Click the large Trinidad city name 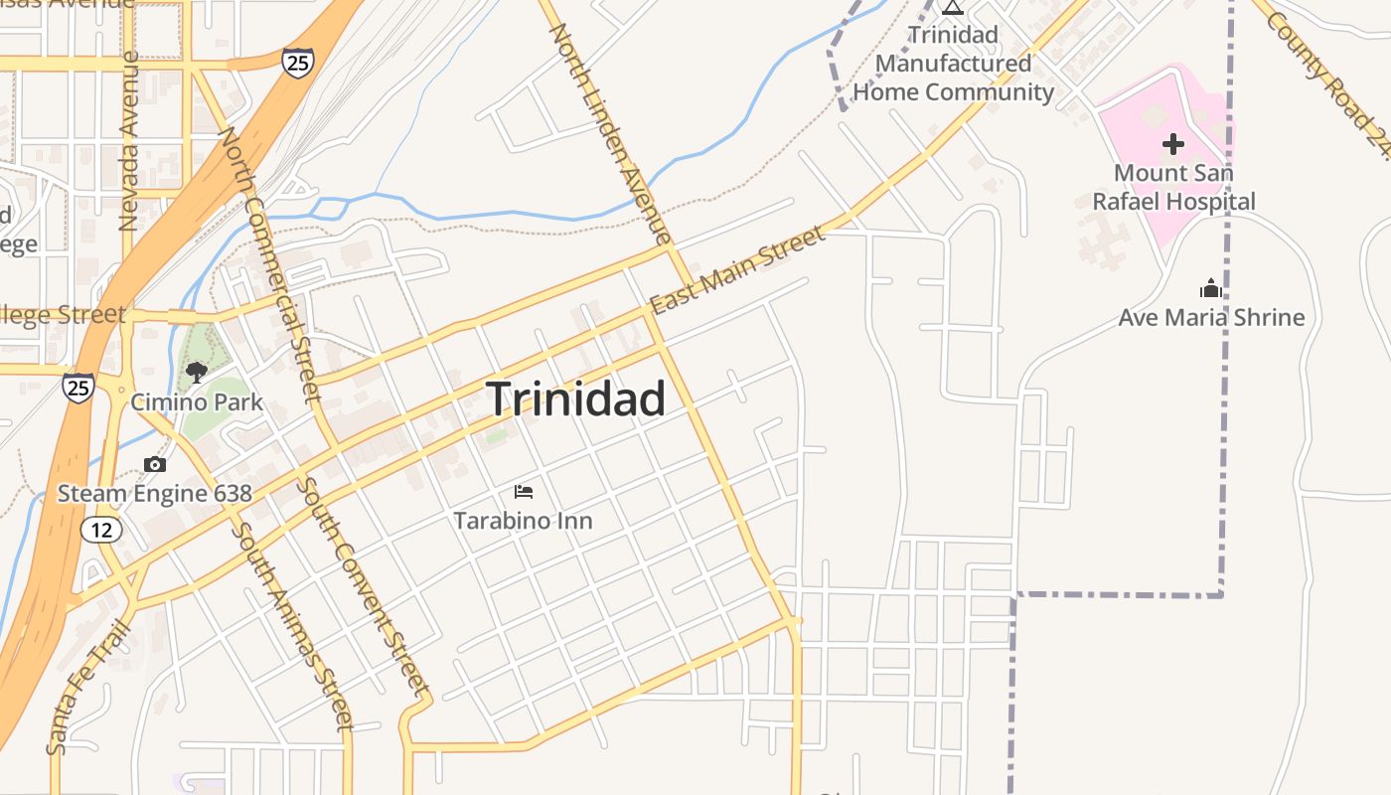coord(576,399)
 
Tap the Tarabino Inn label coord(524,520)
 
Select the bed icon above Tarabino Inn coord(524,491)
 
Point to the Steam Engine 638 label coord(155,493)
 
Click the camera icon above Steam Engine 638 coord(154,464)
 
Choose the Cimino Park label coord(197,401)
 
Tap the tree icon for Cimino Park coord(197,373)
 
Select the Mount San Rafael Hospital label coord(1173,187)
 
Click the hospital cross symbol coord(1173,144)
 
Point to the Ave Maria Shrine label coord(1211,318)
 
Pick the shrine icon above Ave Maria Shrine coord(1211,289)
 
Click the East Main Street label coord(736,269)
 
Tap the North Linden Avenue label coord(611,134)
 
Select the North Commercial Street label coord(269,263)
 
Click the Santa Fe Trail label coord(87,686)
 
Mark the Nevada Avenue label coord(128,141)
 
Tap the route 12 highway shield coord(102,530)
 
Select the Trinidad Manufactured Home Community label coord(953,64)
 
